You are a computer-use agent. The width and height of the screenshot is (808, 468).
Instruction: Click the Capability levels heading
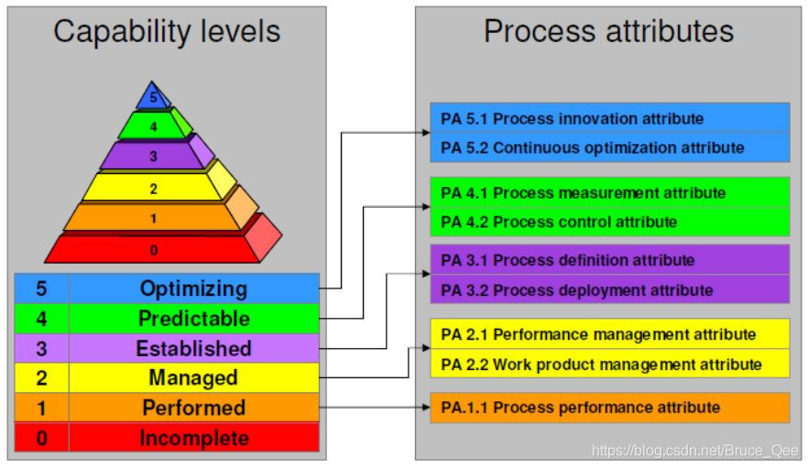pos(167,32)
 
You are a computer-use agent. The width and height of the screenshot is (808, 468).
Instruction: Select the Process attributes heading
pos(608,32)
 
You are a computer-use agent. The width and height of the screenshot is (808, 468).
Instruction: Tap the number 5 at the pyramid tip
pos(153,95)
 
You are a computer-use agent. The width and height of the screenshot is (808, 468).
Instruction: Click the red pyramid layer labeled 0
pos(153,248)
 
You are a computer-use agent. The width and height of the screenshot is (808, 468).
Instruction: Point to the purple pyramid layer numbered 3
pos(153,157)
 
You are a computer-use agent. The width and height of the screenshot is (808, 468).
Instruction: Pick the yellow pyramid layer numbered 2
pos(153,189)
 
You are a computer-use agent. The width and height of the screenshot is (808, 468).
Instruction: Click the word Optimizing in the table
pos(193,288)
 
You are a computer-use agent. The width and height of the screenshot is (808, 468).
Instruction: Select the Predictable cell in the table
pos(193,319)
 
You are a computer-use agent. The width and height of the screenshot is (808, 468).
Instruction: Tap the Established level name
pos(193,349)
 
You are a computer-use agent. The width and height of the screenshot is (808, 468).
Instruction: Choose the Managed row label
pos(193,378)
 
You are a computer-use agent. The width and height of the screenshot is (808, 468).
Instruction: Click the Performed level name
pos(193,408)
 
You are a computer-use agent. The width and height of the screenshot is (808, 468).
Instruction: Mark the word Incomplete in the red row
pos(193,438)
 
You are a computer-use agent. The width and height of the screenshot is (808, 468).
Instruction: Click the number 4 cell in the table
pos(41,319)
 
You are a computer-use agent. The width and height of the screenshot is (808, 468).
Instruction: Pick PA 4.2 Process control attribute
pos(559,222)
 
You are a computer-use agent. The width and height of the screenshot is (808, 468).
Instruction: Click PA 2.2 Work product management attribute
pos(601,364)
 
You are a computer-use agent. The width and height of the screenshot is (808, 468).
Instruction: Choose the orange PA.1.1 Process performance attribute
pos(579,407)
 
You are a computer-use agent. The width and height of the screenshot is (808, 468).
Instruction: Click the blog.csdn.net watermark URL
pos(695,451)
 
